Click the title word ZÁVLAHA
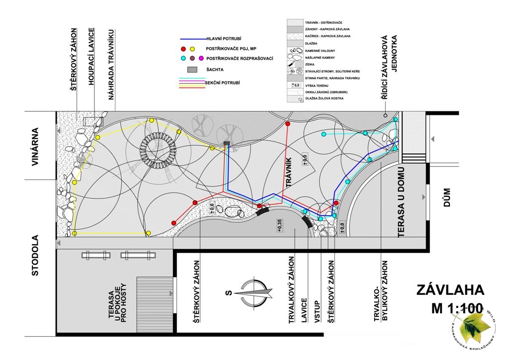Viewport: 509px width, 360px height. (449, 289)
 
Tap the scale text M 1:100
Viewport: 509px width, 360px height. (456, 308)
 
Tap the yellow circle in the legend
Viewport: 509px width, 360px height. (193, 49)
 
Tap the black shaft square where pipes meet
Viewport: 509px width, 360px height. (227, 144)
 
